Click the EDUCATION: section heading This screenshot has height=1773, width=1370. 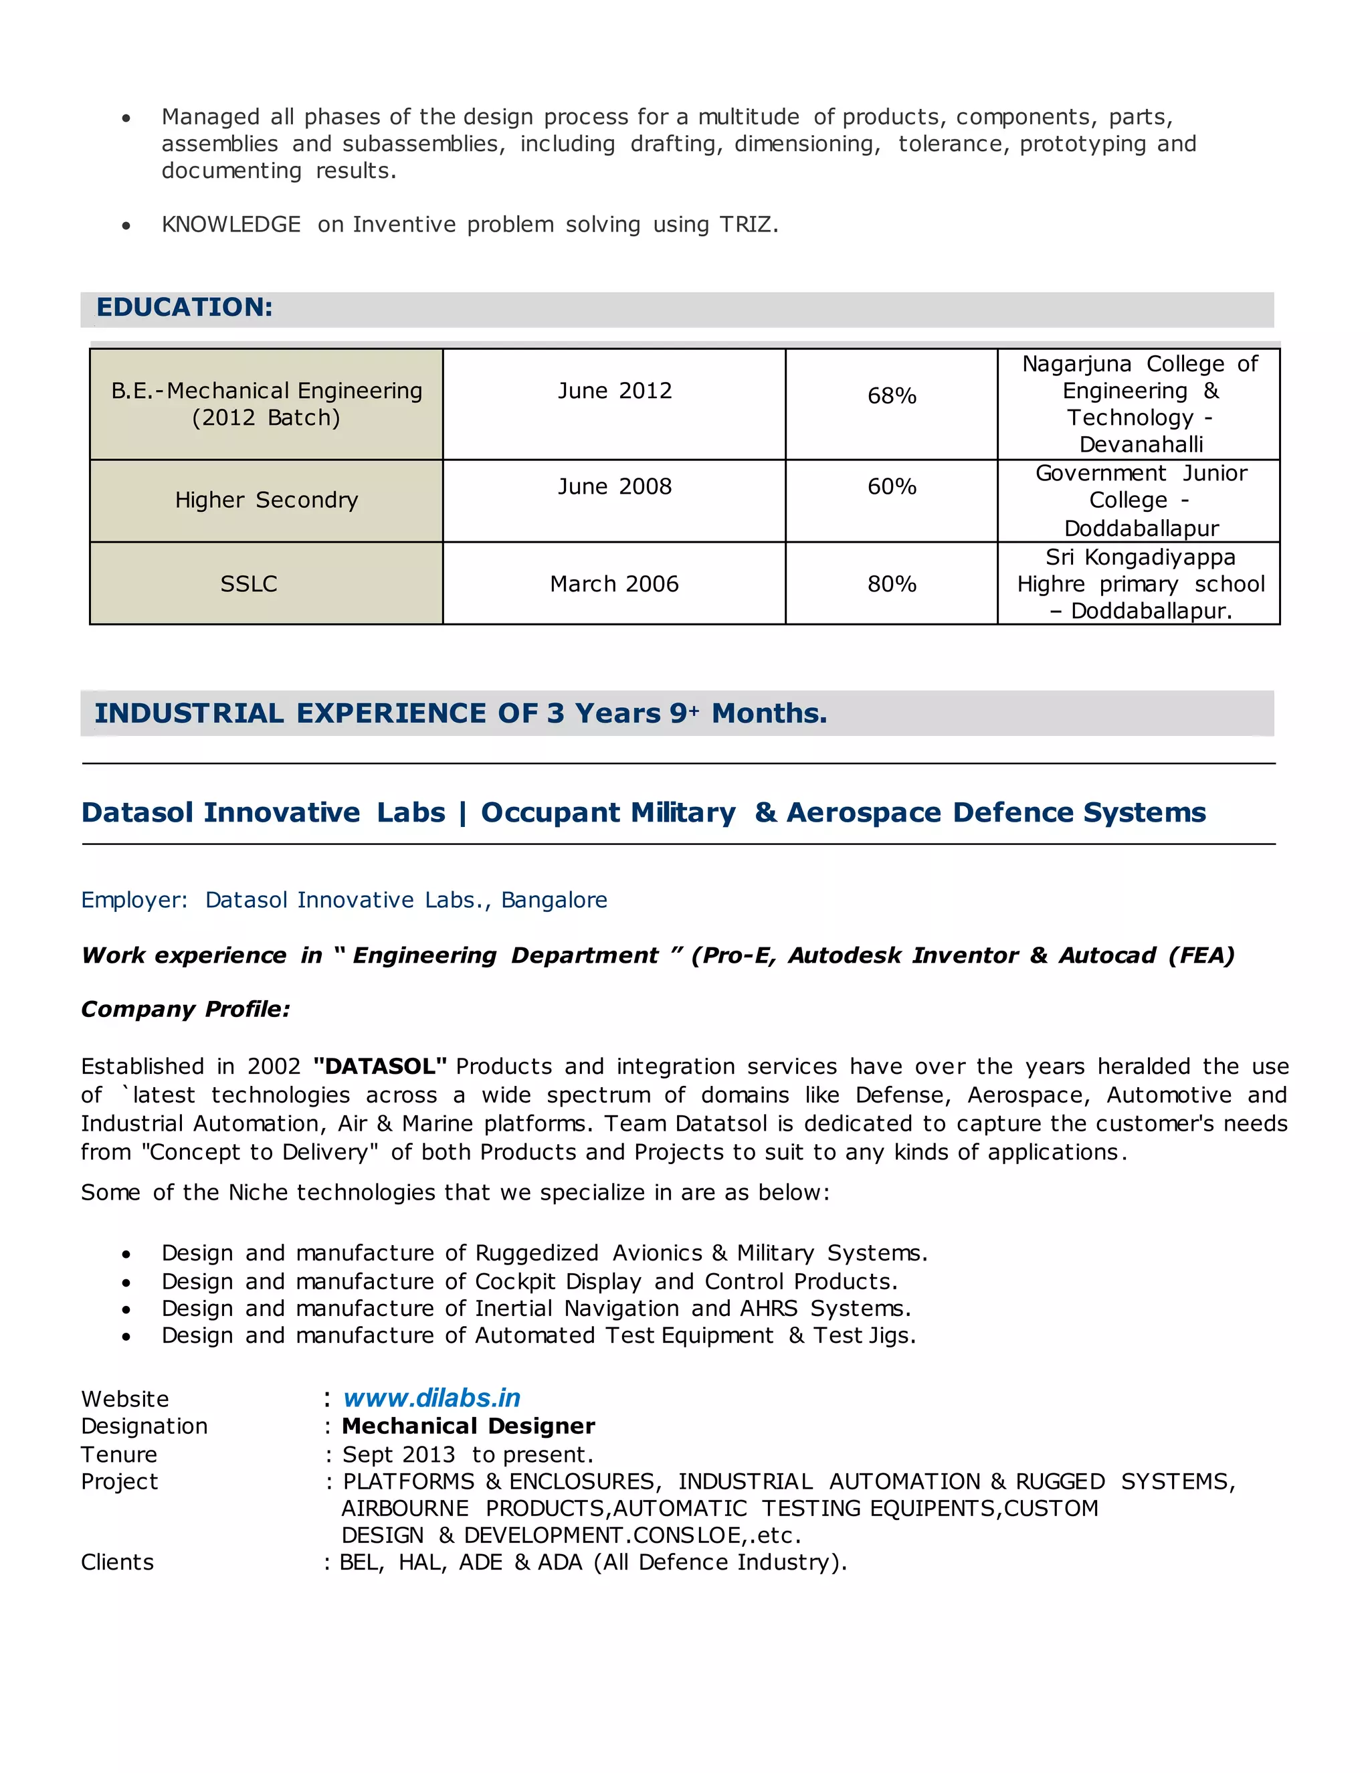pos(184,308)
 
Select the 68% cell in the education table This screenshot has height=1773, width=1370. pos(891,396)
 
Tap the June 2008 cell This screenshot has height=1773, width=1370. pos(614,487)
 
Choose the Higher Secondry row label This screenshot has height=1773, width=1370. pos(266,500)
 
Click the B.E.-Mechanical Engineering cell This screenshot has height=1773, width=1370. pos(266,404)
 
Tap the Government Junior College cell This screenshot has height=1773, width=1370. pos(1141,500)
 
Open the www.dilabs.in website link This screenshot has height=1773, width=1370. pos(431,1398)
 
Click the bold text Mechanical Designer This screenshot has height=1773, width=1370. pos(468,1426)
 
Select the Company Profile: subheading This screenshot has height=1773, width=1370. pos(185,1009)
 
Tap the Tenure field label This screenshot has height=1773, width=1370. pos(118,1455)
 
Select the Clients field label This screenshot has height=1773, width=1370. pos(117,1563)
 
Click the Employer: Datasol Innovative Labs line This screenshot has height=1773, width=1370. pos(344,901)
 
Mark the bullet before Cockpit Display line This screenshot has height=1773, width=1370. pos(126,1283)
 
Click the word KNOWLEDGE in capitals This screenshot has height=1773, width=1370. pos(231,225)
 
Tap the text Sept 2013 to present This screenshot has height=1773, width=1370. pos(468,1455)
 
